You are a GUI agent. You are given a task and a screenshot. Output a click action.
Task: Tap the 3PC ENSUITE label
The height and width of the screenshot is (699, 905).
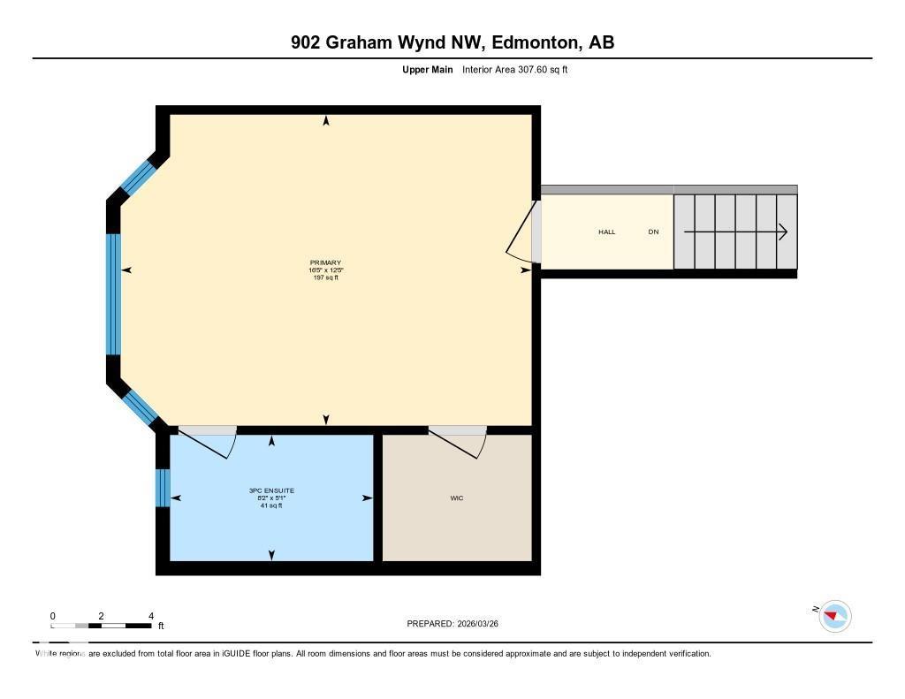271,490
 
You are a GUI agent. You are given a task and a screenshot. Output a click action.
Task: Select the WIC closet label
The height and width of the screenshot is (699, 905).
456,498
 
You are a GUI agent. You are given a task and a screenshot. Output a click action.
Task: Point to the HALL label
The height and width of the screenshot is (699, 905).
606,232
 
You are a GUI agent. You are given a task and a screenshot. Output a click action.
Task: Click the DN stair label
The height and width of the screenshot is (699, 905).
653,232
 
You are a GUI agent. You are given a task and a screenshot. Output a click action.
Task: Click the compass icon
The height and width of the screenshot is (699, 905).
834,616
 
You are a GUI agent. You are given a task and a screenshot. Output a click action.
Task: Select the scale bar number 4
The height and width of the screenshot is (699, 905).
151,616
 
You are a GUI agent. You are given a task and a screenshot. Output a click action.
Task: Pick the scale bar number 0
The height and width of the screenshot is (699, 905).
53,616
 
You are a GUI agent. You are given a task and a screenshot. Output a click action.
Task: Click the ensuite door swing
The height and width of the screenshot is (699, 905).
209,442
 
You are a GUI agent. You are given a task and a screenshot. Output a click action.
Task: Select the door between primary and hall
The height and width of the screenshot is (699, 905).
523,232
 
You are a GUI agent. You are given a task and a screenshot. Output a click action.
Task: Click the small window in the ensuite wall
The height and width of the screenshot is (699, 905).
162,488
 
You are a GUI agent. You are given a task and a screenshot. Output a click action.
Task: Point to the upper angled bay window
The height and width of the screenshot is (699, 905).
138,176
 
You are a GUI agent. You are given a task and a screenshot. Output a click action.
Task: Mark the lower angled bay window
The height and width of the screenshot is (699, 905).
140,406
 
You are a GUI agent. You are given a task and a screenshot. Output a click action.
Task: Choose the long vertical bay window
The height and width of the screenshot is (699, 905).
113,293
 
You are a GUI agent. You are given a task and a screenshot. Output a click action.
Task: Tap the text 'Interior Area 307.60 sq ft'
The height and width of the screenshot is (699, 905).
514,70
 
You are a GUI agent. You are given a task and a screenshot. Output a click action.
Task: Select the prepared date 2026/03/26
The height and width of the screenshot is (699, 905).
483,624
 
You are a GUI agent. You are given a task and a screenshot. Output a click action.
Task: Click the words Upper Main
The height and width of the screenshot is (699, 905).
428,70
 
